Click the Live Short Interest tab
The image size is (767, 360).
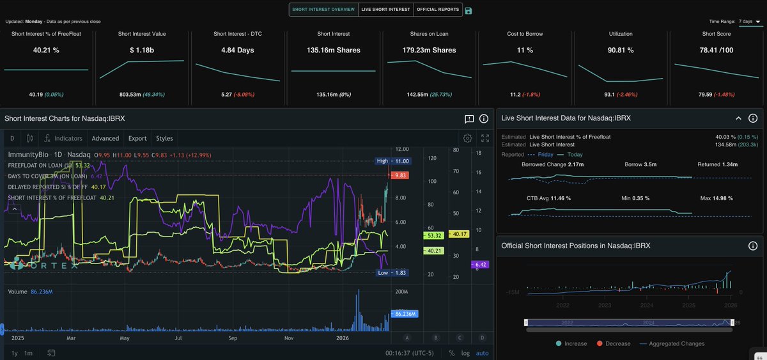click(385, 10)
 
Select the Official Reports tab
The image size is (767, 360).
click(438, 10)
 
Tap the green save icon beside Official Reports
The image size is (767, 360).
click(469, 10)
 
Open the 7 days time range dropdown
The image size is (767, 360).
click(750, 21)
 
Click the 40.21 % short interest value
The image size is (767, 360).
click(46, 49)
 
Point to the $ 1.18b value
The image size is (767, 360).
click(142, 49)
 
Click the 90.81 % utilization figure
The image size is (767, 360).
click(621, 49)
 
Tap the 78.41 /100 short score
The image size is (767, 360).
click(717, 49)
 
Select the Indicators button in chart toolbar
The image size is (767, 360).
click(63, 138)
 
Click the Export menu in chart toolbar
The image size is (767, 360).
click(137, 138)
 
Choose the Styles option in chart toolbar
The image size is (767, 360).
click(164, 138)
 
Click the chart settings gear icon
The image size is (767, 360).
click(468, 138)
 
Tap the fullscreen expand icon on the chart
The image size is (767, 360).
click(485, 138)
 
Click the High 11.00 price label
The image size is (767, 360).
click(392, 161)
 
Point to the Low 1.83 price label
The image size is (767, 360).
click(392, 273)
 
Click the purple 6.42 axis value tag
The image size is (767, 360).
click(480, 265)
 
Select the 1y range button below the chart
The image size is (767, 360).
click(14, 353)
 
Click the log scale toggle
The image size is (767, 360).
click(465, 353)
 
